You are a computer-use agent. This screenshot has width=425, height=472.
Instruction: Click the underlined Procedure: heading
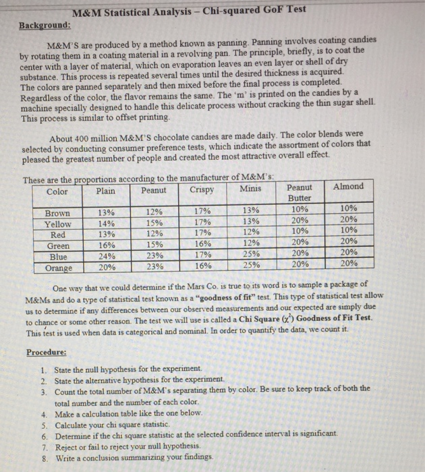coord(47,352)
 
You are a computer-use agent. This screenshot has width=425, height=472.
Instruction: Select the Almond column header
coord(349,186)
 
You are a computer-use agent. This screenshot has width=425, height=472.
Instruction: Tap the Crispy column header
coord(202,190)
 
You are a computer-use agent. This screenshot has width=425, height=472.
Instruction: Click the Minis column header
coord(250,189)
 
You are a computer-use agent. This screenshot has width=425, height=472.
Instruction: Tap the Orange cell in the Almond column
coord(349,264)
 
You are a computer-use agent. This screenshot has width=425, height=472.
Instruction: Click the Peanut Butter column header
coord(299,193)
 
